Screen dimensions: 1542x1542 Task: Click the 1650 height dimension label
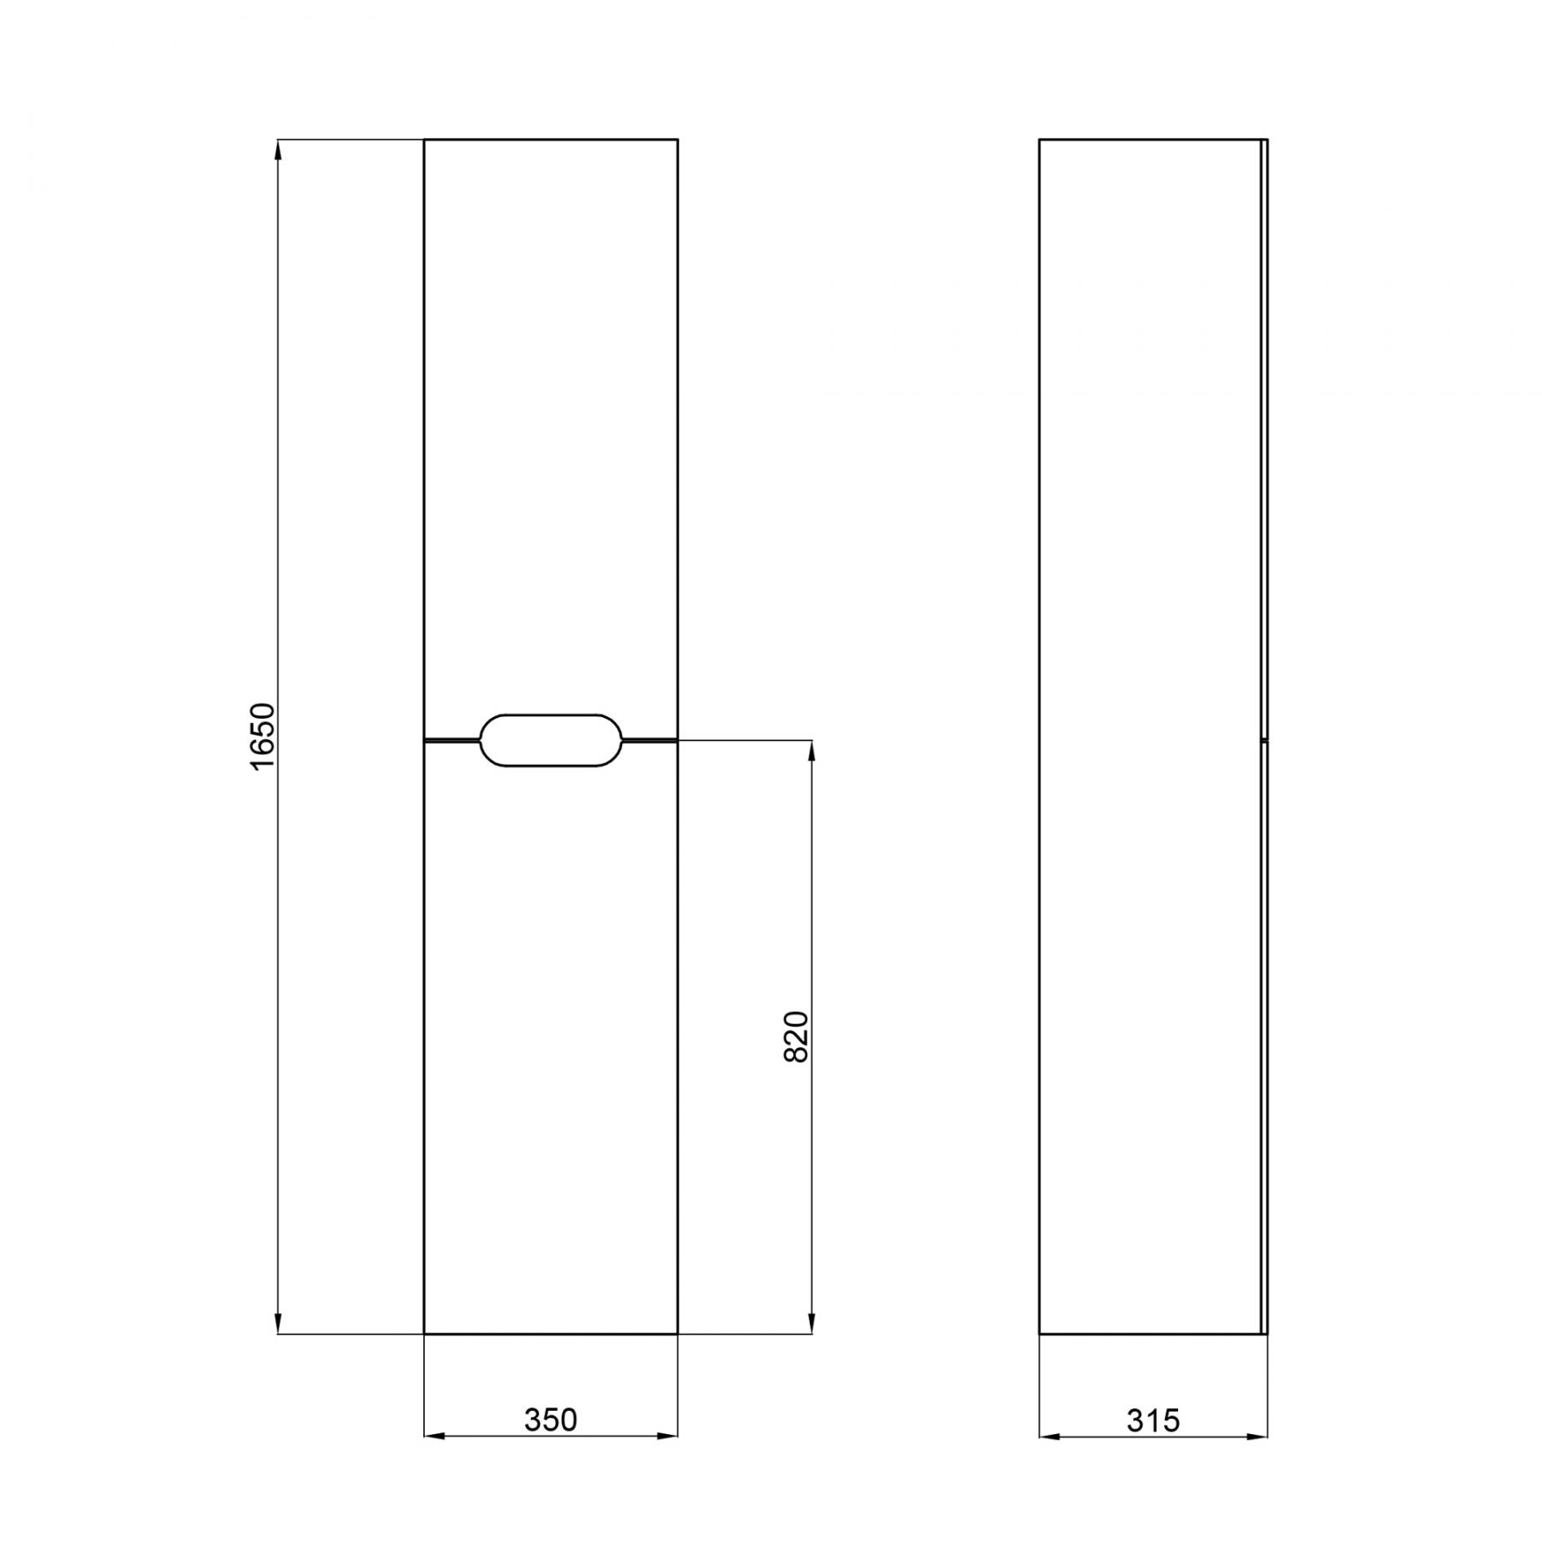[x=263, y=736]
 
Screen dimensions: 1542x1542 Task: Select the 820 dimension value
[x=797, y=1037]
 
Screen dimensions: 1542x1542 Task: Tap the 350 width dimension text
[x=551, y=1420]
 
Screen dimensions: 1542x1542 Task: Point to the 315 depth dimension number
[x=1153, y=1420]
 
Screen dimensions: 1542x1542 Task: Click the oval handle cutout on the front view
[x=551, y=739]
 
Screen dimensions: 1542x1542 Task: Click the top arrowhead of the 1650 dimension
[x=278, y=150]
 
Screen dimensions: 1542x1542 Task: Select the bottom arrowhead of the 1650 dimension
[x=278, y=1323]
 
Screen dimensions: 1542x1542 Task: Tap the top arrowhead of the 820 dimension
[x=811, y=751]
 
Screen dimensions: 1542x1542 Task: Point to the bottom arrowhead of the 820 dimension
[x=811, y=1323]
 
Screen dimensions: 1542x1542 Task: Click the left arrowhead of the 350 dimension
[x=435, y=1436]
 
